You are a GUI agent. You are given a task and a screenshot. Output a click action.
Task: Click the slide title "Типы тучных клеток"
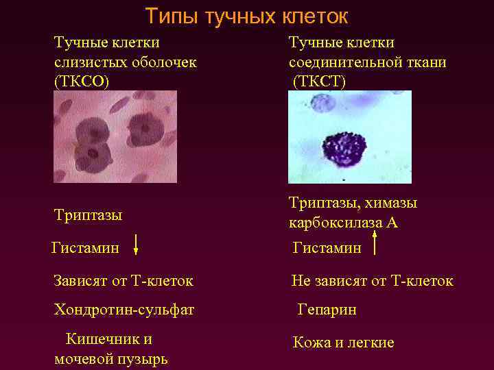click(247, 15)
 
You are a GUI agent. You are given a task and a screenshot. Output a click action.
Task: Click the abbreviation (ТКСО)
click(82, 80)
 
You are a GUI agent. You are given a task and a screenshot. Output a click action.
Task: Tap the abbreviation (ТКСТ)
click(319, 81)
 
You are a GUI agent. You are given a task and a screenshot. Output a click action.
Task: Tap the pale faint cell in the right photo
click(321, 103)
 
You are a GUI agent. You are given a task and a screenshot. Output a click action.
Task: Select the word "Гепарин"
click(327, 310)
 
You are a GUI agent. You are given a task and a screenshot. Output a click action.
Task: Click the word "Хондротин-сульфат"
click(123, 310)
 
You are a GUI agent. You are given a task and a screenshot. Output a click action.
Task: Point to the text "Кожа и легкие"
click(343, 342)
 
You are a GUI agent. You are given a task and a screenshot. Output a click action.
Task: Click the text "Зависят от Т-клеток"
click(123, 280)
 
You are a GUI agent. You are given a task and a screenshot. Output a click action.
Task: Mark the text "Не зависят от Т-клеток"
click(372, 280)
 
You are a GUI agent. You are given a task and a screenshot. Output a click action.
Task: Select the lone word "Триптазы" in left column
click(88, 215)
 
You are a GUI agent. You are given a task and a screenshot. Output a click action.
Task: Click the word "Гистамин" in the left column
click(84, 247)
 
